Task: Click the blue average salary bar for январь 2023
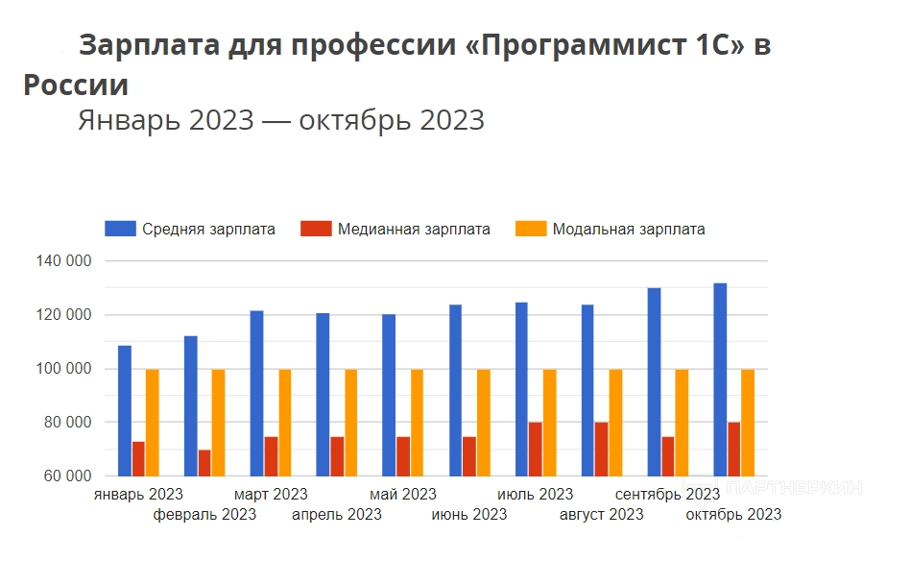125,410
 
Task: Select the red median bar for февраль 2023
204,463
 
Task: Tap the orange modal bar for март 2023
284,423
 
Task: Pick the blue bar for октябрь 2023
720,379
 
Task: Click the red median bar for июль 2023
536,449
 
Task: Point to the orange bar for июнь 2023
483,423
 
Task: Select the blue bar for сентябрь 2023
654,381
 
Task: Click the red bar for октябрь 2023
734,449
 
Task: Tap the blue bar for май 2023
389,395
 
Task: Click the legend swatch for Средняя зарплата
120,229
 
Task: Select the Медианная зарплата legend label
414,230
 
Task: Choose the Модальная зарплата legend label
629,230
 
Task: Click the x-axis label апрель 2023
336,515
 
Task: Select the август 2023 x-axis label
601,515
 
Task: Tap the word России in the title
76,85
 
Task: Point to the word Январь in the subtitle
129,121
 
